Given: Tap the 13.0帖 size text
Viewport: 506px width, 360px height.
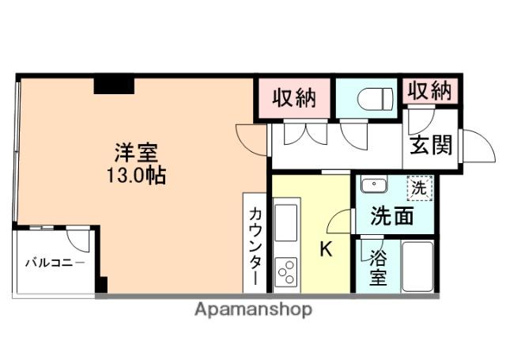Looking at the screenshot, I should tap(136, 175).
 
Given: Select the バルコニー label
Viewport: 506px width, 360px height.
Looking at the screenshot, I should tap(53, 261).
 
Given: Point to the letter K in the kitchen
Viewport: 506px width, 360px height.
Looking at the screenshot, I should tap(324, 250).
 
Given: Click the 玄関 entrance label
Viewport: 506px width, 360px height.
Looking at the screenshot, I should tap(431, 145).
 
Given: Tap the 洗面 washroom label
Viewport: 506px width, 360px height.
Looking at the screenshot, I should tap(393, 216).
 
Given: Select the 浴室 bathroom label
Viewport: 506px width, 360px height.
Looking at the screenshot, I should tap(378, 269).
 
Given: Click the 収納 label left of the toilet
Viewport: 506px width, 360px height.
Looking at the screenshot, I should tap(294, 98).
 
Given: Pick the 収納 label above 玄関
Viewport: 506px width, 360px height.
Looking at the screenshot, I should tap(430, 91).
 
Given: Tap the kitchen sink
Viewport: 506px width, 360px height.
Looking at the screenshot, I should tap(285, 216).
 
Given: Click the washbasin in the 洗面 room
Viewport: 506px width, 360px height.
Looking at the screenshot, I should tap(372, 186).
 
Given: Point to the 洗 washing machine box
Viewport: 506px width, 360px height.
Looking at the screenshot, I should tap(420, 188).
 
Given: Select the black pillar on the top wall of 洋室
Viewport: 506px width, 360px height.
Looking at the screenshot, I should tap(113, 85).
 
